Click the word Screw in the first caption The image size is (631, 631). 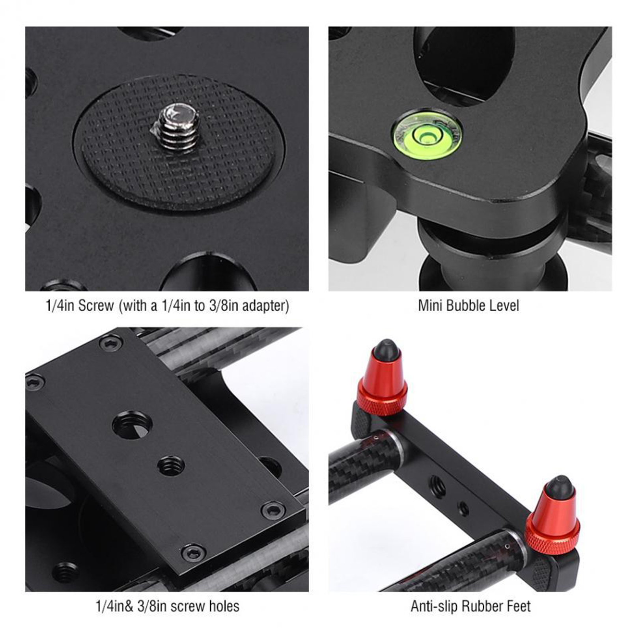96,306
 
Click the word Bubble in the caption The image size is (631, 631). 468,306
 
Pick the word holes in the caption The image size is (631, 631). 224,606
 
